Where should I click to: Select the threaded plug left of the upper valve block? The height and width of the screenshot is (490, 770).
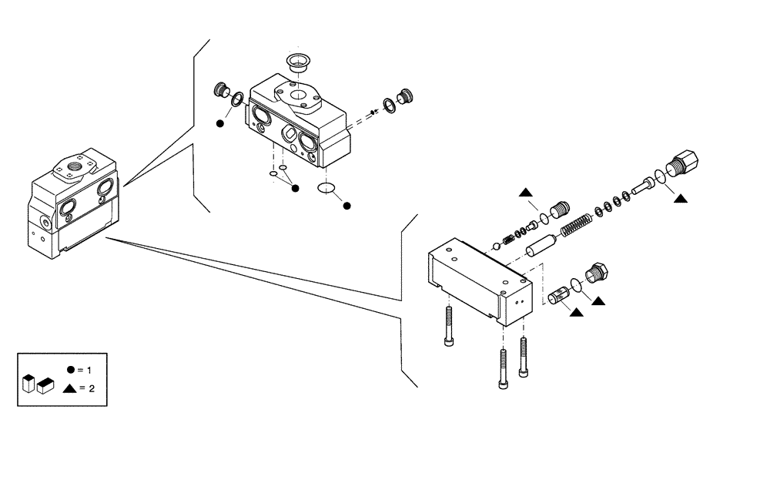click(222, 92)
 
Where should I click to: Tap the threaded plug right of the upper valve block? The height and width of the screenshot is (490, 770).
click(406, 96)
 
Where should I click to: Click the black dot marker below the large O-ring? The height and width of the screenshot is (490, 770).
click(346, 206)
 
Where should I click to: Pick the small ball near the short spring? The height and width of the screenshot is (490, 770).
click(497, 247)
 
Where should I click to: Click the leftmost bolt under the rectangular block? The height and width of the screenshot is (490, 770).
click(448, 327)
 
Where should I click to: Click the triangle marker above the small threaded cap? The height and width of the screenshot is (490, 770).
click(525, 192)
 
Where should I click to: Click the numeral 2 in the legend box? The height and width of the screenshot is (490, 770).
click(92, 388)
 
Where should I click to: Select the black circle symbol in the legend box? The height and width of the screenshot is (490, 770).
click(70, 370)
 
